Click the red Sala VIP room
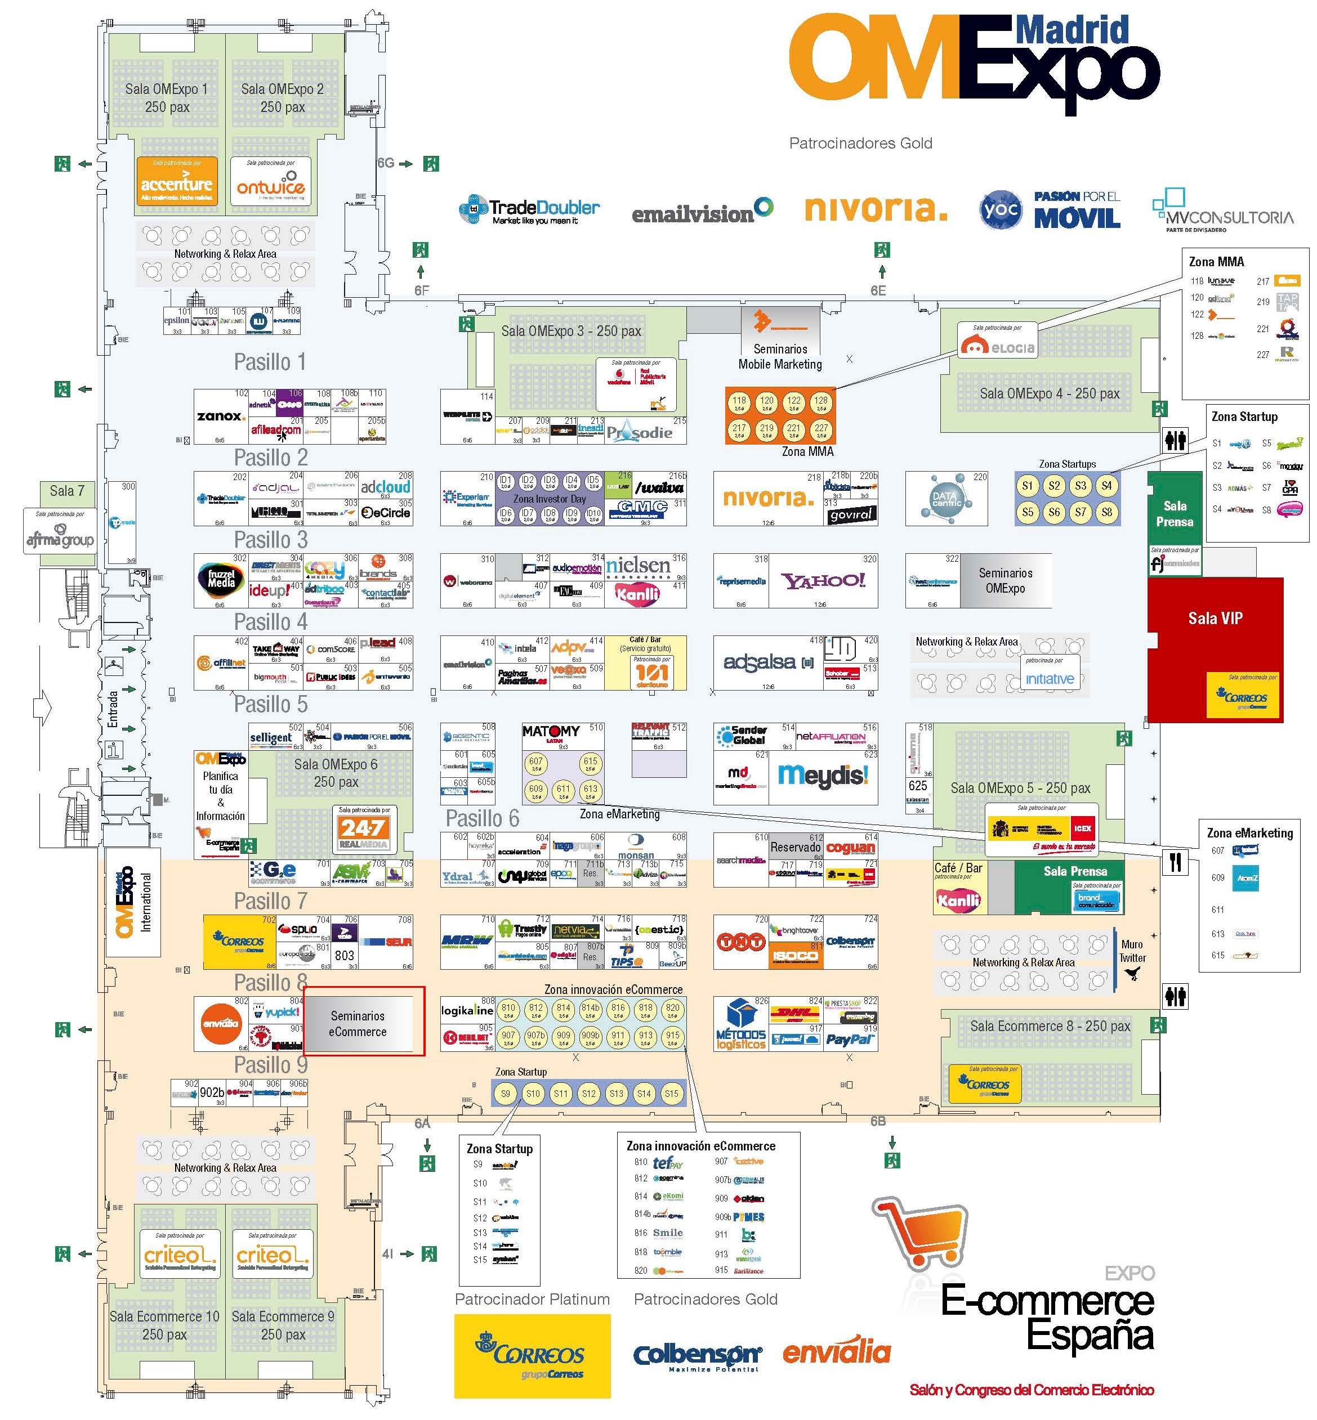pos(1215,619)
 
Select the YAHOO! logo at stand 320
pos(823,581)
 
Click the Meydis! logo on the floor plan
pos(823,774)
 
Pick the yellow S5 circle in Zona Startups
pos(1027,512)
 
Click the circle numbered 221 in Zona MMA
pos(793,429)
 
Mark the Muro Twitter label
pos(1132,952)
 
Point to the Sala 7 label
pos(66,491)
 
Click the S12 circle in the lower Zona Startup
pos(588,1094)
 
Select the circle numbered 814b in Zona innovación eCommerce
pos(590,1008)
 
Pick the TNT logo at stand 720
pos(740,941)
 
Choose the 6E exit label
pos(878,290)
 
